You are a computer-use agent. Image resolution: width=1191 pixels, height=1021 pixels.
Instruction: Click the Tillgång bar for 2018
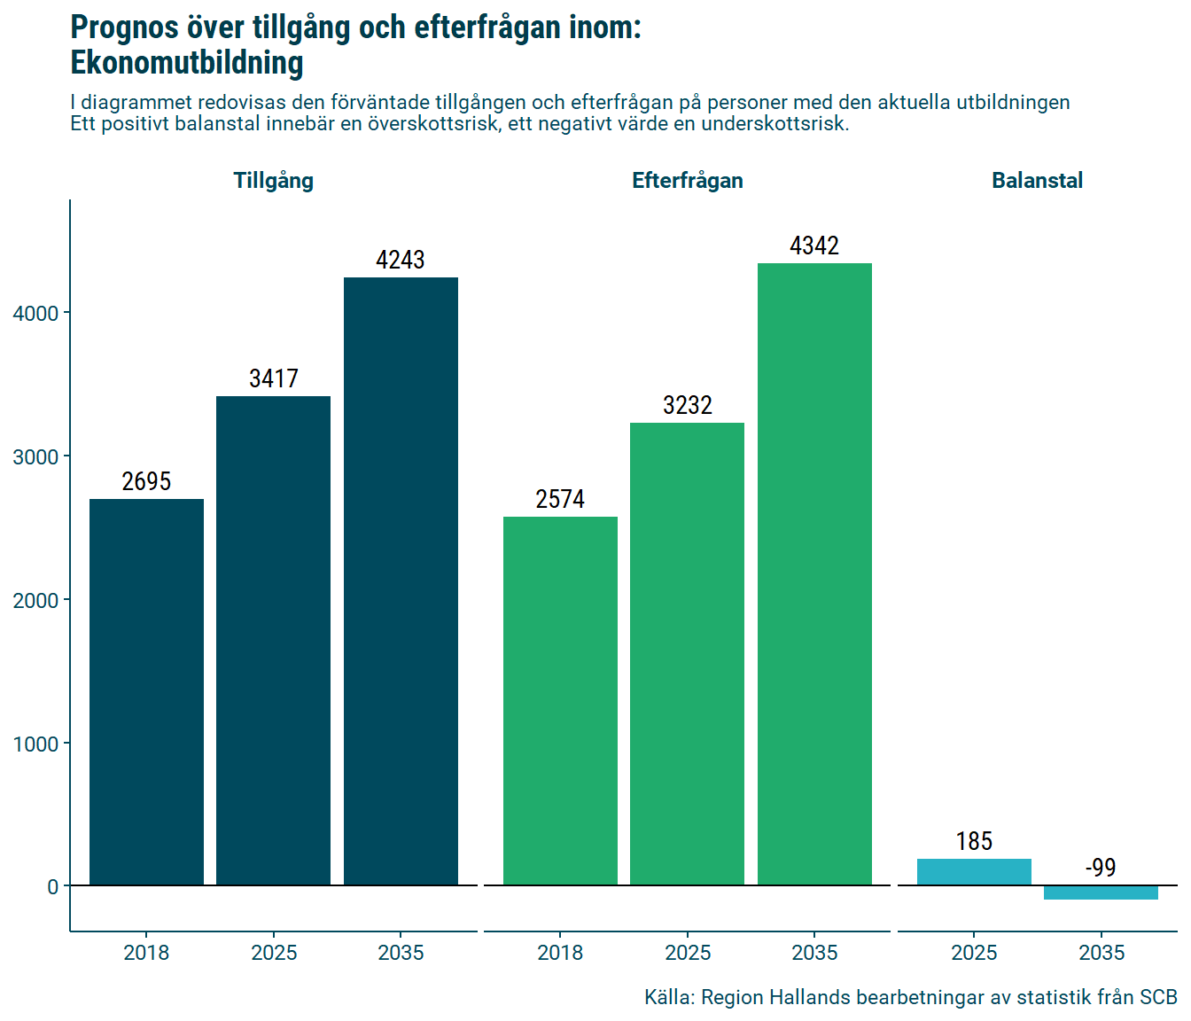point(146,691)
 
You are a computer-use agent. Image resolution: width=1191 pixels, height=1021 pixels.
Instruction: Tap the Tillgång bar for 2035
point(401,581)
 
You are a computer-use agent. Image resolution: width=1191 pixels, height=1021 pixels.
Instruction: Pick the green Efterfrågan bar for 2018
point(560,700)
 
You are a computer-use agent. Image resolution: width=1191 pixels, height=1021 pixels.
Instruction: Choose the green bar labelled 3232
point(687,653)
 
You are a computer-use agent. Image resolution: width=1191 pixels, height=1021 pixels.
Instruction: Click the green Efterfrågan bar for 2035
point(814,573)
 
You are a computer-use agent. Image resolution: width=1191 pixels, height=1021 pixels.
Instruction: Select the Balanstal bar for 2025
point(974,871)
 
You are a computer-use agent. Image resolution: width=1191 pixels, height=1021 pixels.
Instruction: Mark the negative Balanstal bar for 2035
point(1101,892)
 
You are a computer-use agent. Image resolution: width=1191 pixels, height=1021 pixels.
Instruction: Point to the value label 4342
point(814,246)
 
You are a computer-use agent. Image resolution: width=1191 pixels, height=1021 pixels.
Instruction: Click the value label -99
point(1101,868)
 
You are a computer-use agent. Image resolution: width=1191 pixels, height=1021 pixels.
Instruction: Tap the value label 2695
point(146,481)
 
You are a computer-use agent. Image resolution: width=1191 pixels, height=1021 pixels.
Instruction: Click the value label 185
point(974,841)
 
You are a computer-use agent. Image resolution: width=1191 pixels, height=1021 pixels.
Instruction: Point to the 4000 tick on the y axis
point(35,314)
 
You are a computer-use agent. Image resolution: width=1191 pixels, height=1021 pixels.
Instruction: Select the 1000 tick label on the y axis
point(35,744)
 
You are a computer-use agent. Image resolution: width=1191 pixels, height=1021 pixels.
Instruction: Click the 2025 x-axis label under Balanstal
point(974,953)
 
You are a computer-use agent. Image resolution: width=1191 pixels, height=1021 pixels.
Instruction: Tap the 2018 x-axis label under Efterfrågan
point(560,953)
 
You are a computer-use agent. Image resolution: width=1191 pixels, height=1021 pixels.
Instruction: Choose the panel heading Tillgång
point(273,181)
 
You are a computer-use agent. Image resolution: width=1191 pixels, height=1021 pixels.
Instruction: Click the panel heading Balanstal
point(1037,181)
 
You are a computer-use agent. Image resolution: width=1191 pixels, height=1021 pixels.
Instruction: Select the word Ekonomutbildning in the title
point(187,63)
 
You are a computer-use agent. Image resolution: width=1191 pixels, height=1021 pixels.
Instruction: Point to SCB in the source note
point(1157,997)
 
